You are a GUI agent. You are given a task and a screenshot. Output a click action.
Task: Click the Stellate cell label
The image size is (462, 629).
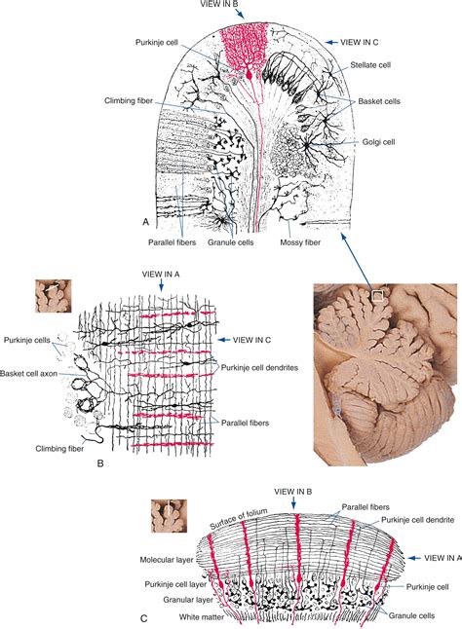pos(370,65)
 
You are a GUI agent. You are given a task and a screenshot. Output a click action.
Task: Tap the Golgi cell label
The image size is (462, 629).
pos(378,141)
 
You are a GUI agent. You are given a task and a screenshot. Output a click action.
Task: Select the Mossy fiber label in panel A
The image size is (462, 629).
pos(300,242)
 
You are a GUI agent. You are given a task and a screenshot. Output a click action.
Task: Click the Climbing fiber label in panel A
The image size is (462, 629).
pos(129,100)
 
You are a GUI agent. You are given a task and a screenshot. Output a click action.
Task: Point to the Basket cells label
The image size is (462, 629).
pos(379,101)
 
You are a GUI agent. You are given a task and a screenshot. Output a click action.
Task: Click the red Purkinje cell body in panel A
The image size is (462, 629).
pos(250,74)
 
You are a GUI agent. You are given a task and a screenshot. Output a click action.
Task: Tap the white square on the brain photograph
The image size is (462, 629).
pos(378,296)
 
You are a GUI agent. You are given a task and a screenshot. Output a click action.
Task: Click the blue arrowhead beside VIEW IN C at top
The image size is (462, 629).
pos(330,42)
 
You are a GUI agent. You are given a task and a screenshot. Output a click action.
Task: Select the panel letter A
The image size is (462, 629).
pos(145,222)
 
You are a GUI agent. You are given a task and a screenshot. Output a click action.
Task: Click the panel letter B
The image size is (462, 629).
pos(100,463)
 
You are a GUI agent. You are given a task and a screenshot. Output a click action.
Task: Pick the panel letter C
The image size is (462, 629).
pos(144,619)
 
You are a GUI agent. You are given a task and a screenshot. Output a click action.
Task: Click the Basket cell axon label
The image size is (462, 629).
pos(29,374)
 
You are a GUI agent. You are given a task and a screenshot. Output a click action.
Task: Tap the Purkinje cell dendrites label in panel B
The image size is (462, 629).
pos(259,367)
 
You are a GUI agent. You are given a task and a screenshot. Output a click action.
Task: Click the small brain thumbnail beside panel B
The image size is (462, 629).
pos(54,296)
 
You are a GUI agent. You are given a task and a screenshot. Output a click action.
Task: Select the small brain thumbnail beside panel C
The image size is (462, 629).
pos(169,516)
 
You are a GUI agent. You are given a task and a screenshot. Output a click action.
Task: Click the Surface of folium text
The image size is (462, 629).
pos(238,520)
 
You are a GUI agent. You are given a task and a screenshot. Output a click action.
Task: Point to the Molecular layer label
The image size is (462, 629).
pos(167,560)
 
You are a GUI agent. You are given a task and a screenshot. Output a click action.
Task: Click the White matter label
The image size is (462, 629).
pos(202,616)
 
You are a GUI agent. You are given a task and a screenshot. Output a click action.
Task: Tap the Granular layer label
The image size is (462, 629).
pos(188,600)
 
